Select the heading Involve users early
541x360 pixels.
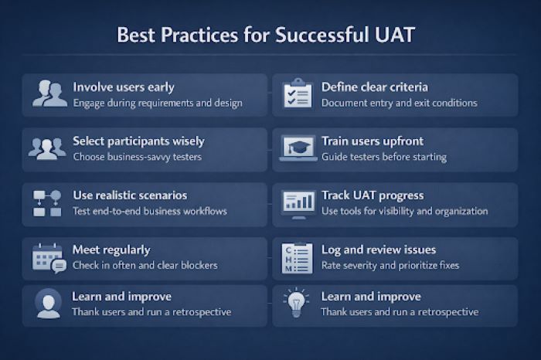124,87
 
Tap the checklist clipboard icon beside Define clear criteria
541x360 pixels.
298,94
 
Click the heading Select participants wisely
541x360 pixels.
138,141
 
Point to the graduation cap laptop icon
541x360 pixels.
298,148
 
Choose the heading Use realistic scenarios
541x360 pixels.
130,195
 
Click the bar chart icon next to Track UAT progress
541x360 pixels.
298,202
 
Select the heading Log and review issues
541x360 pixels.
379,250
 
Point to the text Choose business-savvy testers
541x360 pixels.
136,157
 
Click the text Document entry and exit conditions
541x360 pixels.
399,103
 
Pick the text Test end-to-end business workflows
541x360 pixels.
149,211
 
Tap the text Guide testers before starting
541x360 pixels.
383,157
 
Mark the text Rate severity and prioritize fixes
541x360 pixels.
390,265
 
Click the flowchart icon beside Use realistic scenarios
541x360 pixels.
49,202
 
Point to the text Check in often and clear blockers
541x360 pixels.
145,265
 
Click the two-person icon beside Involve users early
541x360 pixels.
49,94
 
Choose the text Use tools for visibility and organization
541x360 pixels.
404,211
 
